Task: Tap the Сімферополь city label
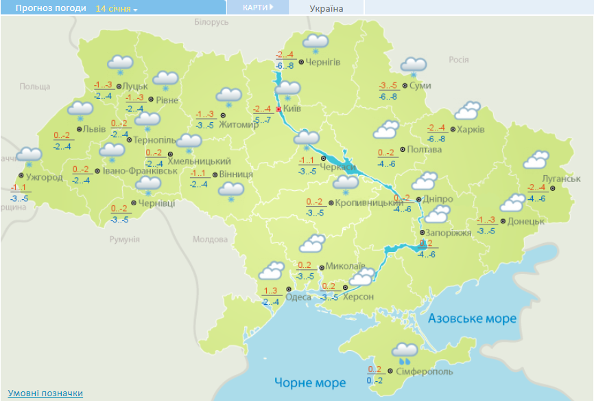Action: click(425, 371)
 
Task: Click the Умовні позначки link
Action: click(45, 393)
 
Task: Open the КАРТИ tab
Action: click(258, 8)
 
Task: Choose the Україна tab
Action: click(326, 8)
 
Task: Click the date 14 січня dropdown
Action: click(117, 9)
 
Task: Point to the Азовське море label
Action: click(472, 319)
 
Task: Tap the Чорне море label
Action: click(310, 382)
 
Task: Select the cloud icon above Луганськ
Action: click(536, 161)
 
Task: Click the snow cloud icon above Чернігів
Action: click(316, 43)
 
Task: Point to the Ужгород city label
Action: click(45, 177)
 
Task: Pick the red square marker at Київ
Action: click(278, 108)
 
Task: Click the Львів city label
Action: click(95, 129)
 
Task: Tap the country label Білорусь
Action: click(211, 23)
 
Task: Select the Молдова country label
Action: click(209, 240)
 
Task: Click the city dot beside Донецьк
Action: click(503, 221)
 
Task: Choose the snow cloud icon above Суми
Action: click(414, 66)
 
